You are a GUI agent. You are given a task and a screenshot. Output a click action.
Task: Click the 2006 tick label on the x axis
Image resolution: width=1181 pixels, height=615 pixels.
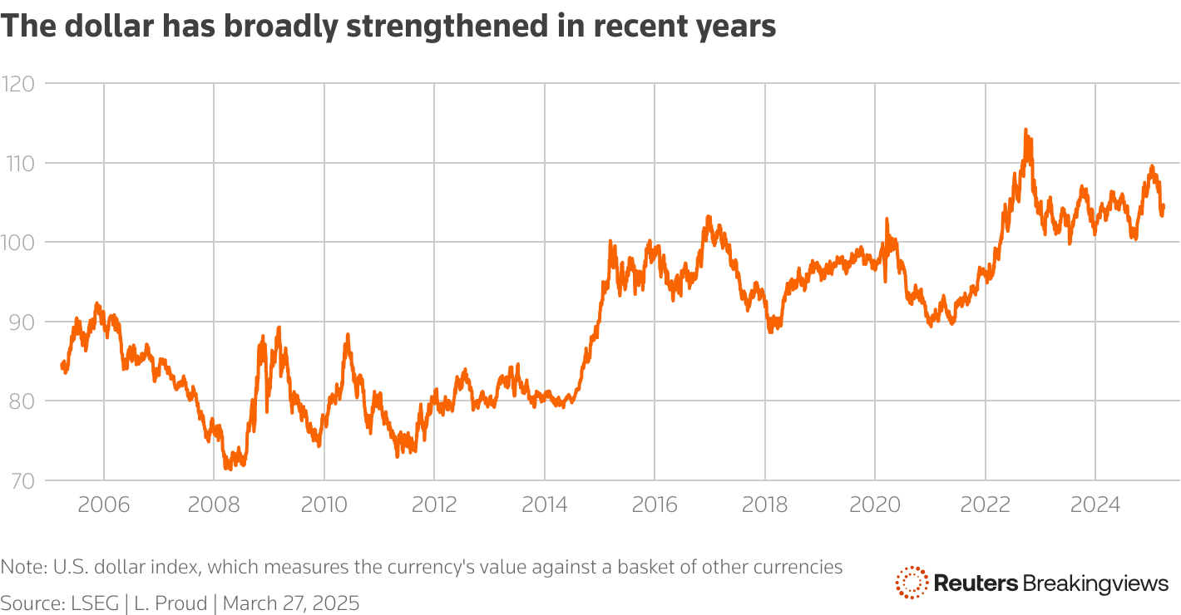point(104,504)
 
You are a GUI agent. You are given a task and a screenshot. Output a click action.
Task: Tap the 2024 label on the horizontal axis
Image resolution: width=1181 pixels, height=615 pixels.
point(1095,504)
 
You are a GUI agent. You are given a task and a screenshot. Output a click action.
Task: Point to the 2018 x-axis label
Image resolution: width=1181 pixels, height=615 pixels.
point(764,504)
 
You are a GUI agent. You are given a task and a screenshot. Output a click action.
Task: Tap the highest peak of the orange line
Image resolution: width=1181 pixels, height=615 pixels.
point(1025,130)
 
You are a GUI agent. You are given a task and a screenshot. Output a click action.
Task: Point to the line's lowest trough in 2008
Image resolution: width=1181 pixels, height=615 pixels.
point(227,469)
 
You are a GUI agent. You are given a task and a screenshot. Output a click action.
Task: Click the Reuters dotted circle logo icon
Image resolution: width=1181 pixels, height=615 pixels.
point(912,583)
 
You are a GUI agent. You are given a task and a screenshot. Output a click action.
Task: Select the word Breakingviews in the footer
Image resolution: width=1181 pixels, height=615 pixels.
point(1095,583)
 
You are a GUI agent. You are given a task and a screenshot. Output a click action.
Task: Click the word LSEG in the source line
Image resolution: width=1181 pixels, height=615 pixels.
point(92,603)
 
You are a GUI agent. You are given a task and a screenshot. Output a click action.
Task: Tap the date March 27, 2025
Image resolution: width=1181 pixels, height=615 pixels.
point(291,603)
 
